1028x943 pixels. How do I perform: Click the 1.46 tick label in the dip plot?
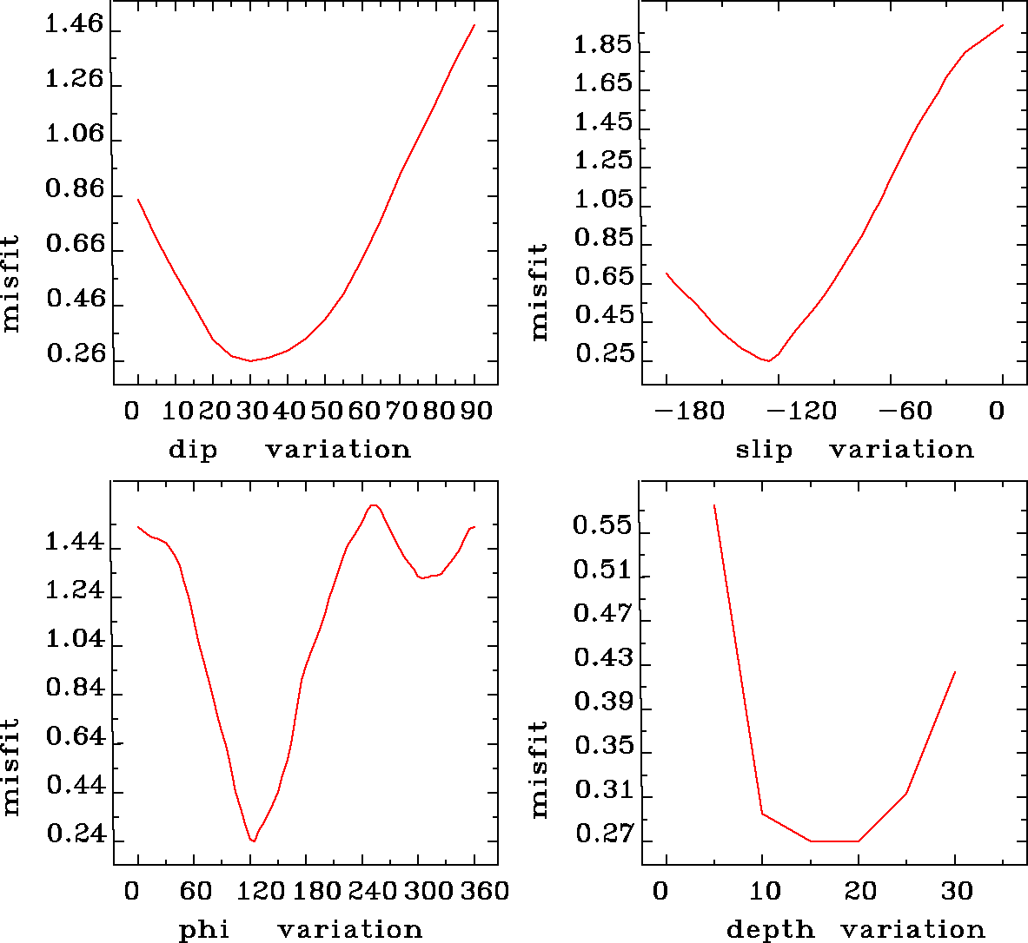tap(74, 25)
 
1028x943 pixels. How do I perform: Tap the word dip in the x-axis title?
tap(192, 450)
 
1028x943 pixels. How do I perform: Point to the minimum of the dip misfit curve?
tap(250, 360)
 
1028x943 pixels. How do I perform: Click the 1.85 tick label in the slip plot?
tap(603, 45)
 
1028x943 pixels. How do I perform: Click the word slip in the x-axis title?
tap(764, 450)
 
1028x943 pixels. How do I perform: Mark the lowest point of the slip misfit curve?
tap(768, 360)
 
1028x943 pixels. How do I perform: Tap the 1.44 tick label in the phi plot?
tap(74, 544)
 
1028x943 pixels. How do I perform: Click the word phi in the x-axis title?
tap(204, 930)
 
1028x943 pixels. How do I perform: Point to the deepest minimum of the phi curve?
tap(253, 841)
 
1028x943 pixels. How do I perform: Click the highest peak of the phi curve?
tap(373, 505)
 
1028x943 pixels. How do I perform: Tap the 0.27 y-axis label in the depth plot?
tap(603, 834)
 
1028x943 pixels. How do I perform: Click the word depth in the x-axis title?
tap(770, 930)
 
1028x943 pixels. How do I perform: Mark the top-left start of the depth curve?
tap(714, 505)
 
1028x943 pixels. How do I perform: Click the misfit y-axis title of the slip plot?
tap(540, 291)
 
